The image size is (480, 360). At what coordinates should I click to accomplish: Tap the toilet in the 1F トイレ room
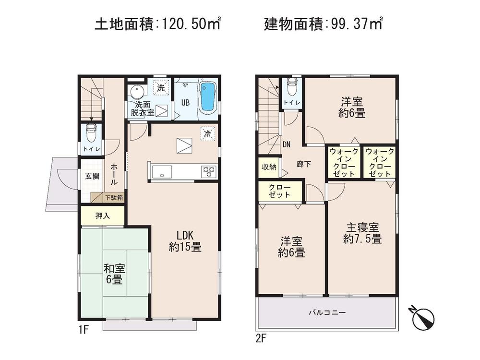point(91,132)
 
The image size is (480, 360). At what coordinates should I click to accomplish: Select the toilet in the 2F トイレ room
point(291,88)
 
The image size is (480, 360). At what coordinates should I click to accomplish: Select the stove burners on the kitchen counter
point(209,171)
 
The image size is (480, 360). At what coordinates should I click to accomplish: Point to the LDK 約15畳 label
point(185,241)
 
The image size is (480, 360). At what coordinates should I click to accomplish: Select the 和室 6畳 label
point(113,274)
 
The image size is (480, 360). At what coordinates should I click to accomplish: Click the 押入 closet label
point(102,216)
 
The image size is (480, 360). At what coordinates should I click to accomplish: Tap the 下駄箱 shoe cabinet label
point(114,197)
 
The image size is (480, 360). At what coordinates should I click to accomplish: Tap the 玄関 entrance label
point(92,176)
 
